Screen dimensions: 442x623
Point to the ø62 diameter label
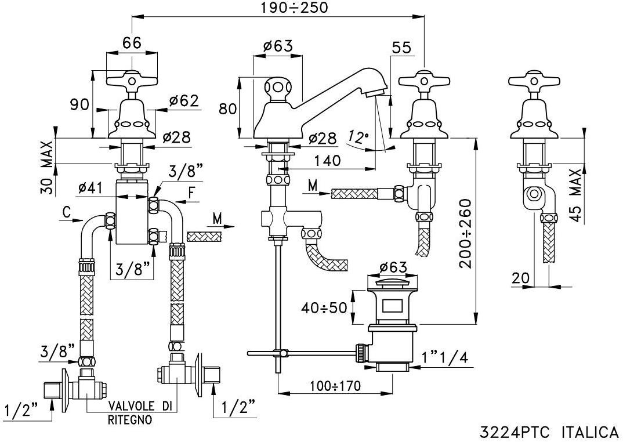click(184, 102)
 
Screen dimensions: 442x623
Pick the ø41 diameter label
click(90, 187)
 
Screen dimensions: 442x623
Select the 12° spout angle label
click(358, 137)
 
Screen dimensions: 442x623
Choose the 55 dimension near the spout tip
click(401, 48)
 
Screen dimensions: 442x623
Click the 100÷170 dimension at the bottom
click(334, 386)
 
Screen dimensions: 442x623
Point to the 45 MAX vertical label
click(575, 195)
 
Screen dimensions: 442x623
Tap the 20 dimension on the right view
click(521, 278)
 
